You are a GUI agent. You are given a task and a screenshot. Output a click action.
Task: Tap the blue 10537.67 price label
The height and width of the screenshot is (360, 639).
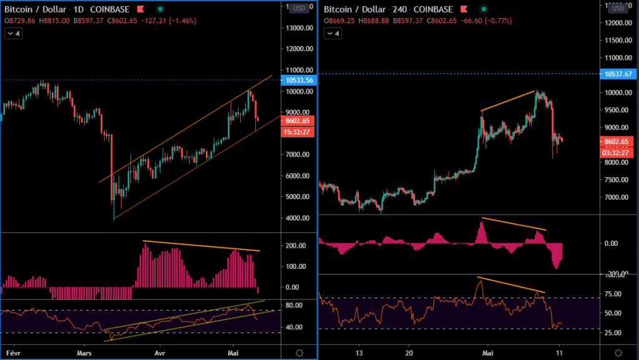coord(617,74)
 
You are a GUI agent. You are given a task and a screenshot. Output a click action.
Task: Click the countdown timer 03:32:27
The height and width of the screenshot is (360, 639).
coord(617,152)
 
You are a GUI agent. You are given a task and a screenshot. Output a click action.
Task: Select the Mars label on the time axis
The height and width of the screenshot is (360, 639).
coord(85,353)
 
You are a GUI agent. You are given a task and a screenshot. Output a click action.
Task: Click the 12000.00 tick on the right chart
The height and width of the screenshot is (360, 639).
coord(617,23)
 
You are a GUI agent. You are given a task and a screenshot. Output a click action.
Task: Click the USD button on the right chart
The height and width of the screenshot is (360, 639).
coord(617,8)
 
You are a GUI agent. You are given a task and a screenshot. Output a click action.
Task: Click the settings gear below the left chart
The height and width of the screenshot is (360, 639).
coord(300,353)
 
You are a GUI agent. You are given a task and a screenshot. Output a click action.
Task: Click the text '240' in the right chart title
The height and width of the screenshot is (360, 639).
coord(402,9)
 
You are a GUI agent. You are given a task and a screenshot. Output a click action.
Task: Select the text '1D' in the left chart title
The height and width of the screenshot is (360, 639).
coord(82,9)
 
